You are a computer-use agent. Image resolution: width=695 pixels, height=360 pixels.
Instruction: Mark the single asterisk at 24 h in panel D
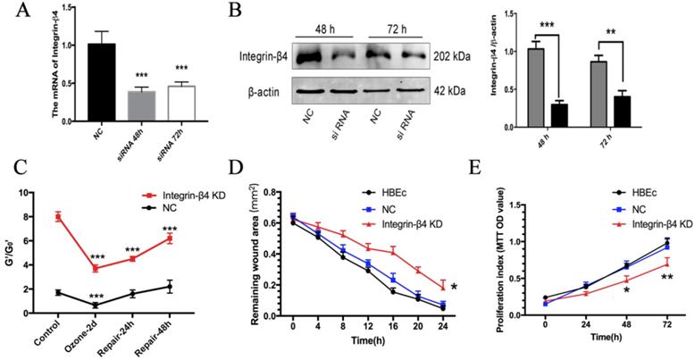(456, 287)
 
